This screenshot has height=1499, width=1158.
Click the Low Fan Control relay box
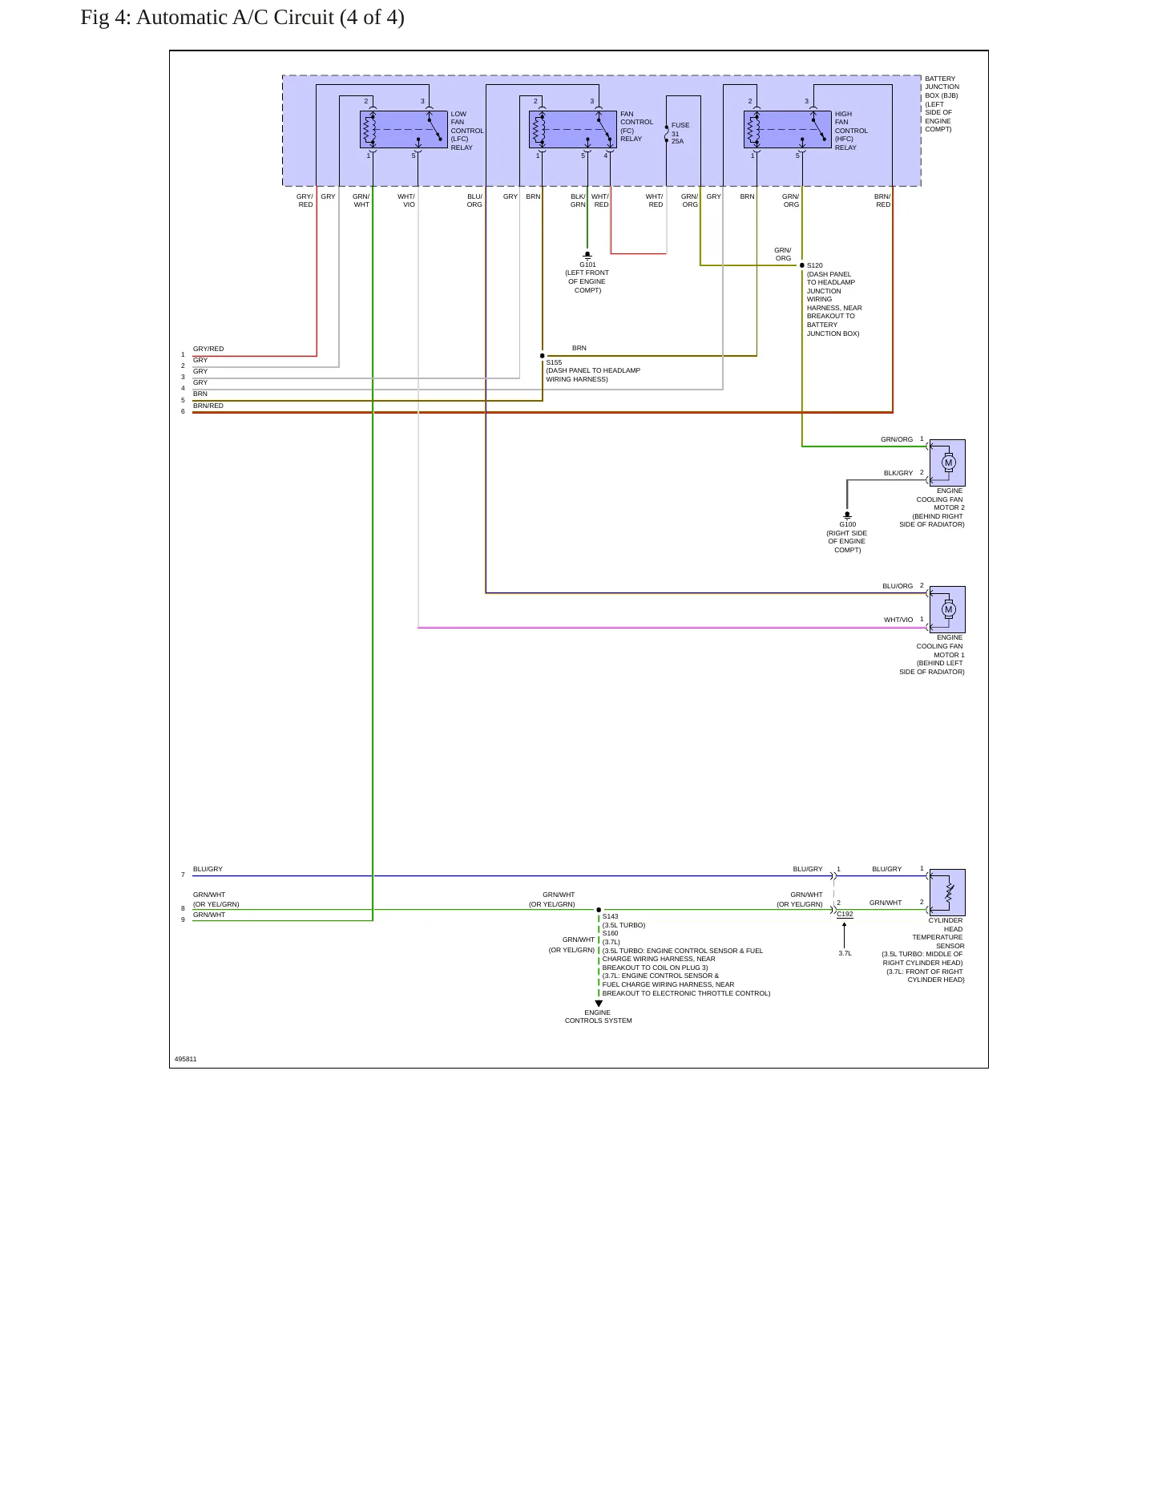[x=403, y=129]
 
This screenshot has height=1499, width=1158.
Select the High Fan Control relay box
[x=787, y=129]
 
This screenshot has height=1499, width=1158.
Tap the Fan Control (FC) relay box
[x=572, y=129]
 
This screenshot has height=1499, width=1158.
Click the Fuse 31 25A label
[x=680, y=133]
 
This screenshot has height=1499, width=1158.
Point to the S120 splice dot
[x=802, y=265]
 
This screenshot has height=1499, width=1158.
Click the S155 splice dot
[x=543, y=356]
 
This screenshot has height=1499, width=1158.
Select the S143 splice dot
[x=599, y=910]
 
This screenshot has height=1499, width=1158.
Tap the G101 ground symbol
[x=587, y=256]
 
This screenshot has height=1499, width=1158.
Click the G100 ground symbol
[x=847, y=515]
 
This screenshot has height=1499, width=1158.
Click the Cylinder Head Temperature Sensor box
[x=947, y=892]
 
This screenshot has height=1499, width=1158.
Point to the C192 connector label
[x=845, y=914]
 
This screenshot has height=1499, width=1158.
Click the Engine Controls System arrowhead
[x=599, y=1004]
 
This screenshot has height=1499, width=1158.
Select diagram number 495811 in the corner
[x=185, y=1059]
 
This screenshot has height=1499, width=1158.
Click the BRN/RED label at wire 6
[x=208, y=406]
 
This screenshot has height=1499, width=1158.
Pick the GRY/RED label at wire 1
[x=208, y=349]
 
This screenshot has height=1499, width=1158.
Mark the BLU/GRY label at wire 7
[x=208, y=869]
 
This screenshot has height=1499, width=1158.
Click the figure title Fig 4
[x=242, y=18]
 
